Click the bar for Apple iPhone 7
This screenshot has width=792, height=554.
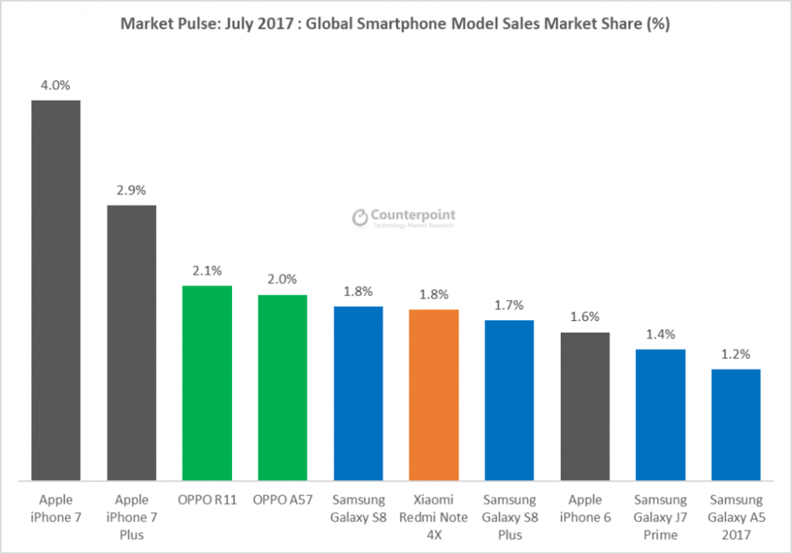(x=55, y=290)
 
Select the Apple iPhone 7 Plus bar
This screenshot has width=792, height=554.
(x=131, y=342)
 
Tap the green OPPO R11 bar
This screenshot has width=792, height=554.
(x=207, y=383)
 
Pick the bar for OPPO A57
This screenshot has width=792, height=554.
(x=282, y=388)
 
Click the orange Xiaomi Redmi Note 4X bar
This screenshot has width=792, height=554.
(x=433, y=395)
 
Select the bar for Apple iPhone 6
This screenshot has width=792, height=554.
(x=584, y=406)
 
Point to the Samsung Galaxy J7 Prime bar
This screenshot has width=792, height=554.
(x=660, y=415)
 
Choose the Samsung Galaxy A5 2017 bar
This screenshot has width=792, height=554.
(x=736, y=424)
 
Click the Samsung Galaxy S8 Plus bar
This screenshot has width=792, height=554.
(x=508, y=400)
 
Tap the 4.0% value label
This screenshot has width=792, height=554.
(x=55, y=85)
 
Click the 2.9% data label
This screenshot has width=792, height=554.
(x=131, y=190)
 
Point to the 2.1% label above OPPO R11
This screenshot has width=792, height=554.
(x=207, y=271)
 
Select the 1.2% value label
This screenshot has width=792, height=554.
(x=736, y=354)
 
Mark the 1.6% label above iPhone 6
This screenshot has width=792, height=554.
(x=584, y=318)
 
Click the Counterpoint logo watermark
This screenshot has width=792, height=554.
(x=404, y=218)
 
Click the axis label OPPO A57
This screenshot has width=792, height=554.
(x=282, y=500)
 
